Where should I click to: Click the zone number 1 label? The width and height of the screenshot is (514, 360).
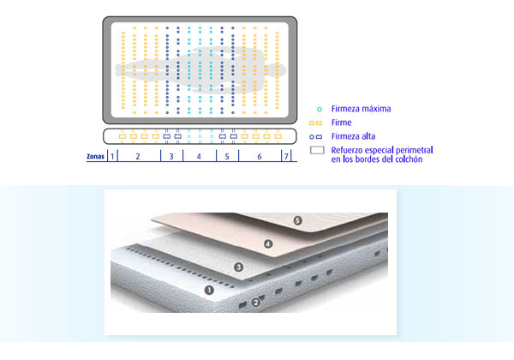click(112, 156)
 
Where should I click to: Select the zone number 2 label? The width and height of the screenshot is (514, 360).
click(138, 157)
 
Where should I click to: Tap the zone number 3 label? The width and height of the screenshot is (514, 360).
click(171, 157)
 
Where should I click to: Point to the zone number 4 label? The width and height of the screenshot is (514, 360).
click(199, 157)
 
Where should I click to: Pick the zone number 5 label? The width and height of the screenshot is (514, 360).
click(227, 157)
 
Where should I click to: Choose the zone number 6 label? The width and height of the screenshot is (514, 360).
click(260, 157)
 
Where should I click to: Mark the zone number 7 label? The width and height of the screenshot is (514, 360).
click(286, 156)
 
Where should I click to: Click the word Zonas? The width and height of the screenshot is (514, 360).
click(95, 156)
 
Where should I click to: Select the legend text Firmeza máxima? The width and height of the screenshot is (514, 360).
click(361, 109)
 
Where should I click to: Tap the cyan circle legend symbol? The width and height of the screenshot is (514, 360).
click(320, 109)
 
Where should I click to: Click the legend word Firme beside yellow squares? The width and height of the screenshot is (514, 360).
click(341, 123)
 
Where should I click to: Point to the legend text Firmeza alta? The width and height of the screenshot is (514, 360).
click(353, 136)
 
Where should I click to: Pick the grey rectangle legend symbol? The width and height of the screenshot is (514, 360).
click(317, 150)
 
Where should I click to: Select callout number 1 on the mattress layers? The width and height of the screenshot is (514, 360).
click(209, 290)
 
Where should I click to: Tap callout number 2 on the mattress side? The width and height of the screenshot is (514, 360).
click(256, 303)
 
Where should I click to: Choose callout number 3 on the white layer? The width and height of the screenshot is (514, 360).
click(238, 267)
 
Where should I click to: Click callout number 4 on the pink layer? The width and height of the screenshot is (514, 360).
click(268, 244)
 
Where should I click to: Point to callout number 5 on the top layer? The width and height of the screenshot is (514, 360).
click(297, 220)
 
